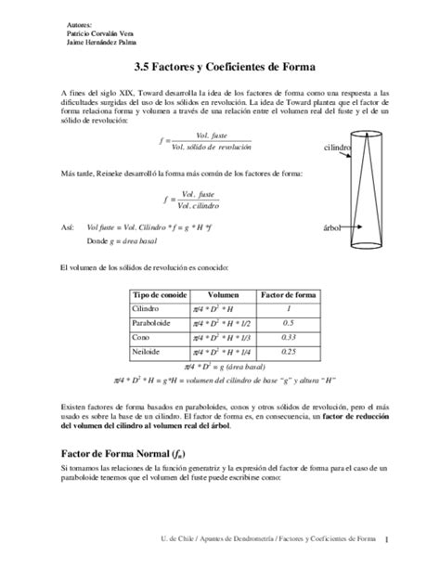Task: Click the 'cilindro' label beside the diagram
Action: (x=336, y=148)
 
